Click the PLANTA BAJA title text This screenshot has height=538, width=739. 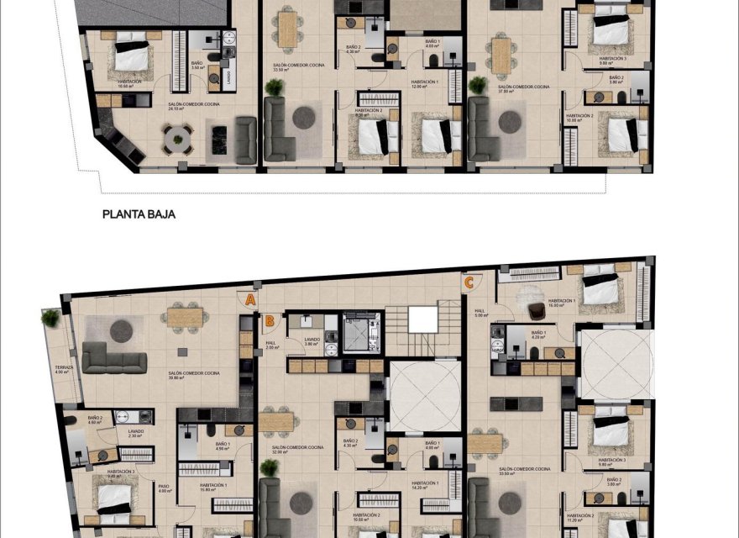click(x=139, y=214)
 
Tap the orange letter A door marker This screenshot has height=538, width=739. click(x=250, y=298)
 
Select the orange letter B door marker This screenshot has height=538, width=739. click(x=269, y=319)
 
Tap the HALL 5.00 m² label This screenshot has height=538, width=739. click(x=480, y=314)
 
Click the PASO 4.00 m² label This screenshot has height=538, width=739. click(x=165, y=488)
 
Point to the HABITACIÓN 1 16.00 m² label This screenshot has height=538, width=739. click(x=561, y=303)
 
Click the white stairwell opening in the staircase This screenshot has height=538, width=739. click(x=423, y=320)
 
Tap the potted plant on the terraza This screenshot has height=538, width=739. click(x=52, y=318)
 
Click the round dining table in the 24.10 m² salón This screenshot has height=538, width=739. click(x=177, y=139)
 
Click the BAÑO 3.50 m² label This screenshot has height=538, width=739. click(x=197, y=66)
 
